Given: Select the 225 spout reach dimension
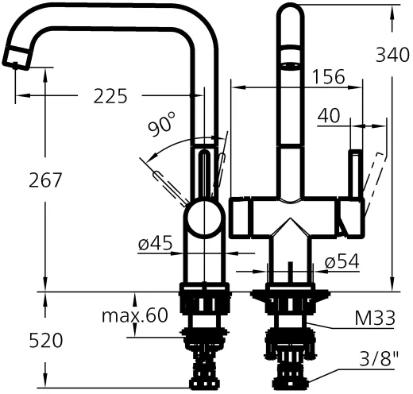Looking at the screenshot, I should tap(110, 96).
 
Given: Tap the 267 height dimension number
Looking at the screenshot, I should tap(46, 180).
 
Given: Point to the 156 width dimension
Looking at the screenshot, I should tap(328, 77).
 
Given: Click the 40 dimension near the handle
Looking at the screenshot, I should tap(329, 116).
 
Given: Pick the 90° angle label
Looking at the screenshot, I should tap(162, 126).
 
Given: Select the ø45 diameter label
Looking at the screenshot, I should tap(155, 245).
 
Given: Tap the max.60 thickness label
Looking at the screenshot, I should tap(134, 315).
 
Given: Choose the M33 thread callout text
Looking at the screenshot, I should tap(375, 319).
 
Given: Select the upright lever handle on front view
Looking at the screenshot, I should tap(355, 176).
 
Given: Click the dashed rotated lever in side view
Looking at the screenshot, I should tap(168, 183).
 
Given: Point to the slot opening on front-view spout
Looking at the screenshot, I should tap(290, 58).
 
